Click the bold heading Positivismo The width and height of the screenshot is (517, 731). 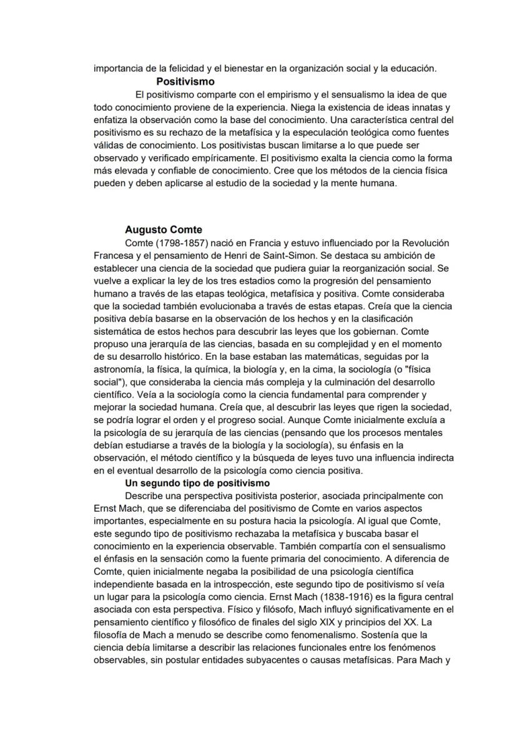point(185,82)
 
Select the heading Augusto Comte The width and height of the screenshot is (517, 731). point(164,230)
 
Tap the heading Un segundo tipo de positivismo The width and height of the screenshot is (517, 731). point(197,483)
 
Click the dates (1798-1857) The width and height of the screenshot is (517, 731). point(190,243)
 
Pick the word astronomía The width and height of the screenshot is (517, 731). point(119,369)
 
